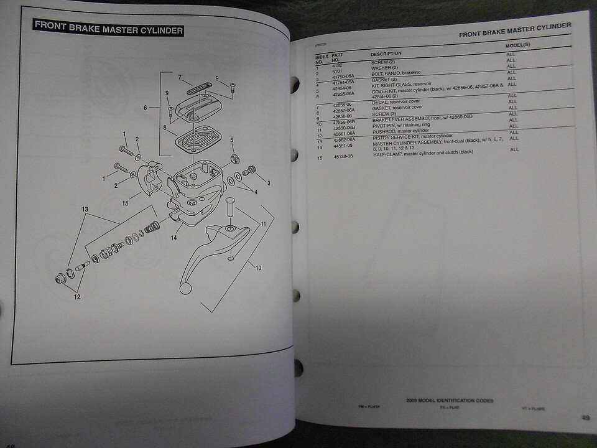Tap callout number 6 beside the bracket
click(145, 108)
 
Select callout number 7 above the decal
click(179, 78)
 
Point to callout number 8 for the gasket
click(165, 128)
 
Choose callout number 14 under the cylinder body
click(174, 238)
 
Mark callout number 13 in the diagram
click(85, 210)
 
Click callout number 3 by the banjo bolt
click(268, 183)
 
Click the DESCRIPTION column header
click(386, 54)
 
